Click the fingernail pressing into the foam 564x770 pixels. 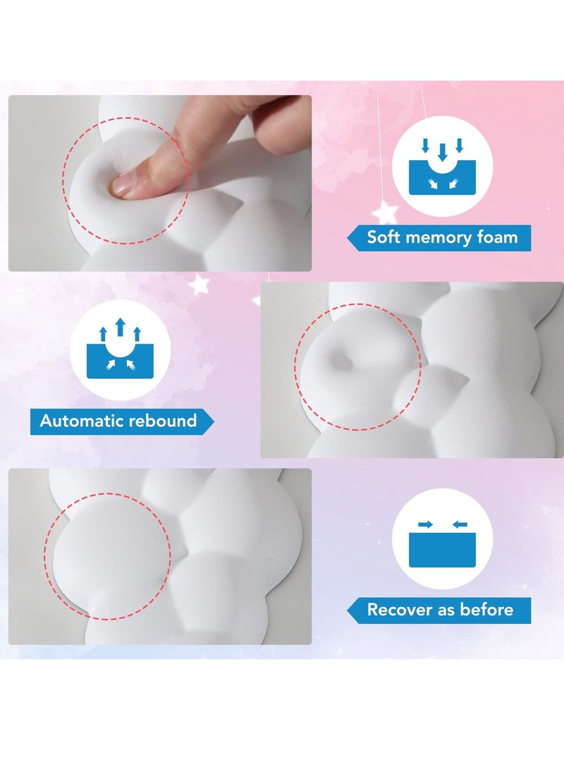click(x=121, y=185)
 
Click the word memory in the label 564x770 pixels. click(x=440, y=237)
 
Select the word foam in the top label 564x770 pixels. click(x=497, y=237)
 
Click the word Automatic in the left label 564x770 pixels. click(x=81, y=421)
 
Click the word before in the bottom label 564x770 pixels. click(x=488, y=609)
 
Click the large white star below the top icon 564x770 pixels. click(x=386, y=211)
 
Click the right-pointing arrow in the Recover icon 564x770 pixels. click(x=426, y=524)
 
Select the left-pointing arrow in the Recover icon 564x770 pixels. click(x=458, y=524)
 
